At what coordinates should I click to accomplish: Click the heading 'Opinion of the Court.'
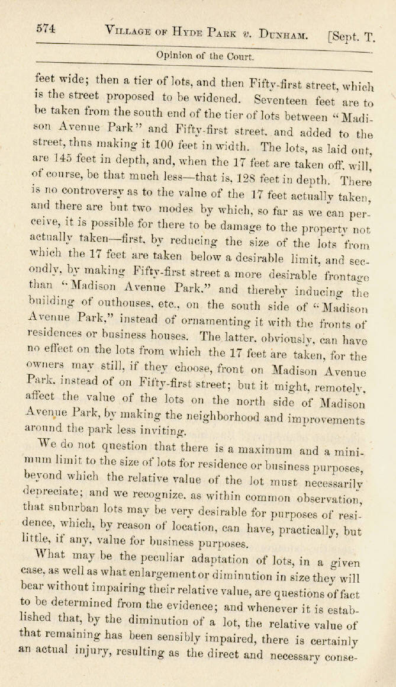click(205, 57)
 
